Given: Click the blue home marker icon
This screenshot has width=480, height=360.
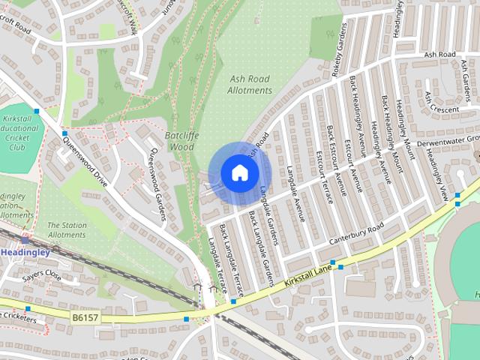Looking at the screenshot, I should [238, 172].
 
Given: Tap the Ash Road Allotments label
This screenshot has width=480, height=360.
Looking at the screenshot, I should [250, 84].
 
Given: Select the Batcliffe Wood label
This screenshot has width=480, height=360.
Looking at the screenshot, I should [179, 141].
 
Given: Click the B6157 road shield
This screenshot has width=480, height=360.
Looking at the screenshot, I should [86, 319].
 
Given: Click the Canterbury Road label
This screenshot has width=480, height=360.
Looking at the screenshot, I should [356, 235].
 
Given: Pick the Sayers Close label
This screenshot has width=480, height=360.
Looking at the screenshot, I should [41, 275].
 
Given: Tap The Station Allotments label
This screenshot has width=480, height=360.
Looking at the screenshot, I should [67, 229].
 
